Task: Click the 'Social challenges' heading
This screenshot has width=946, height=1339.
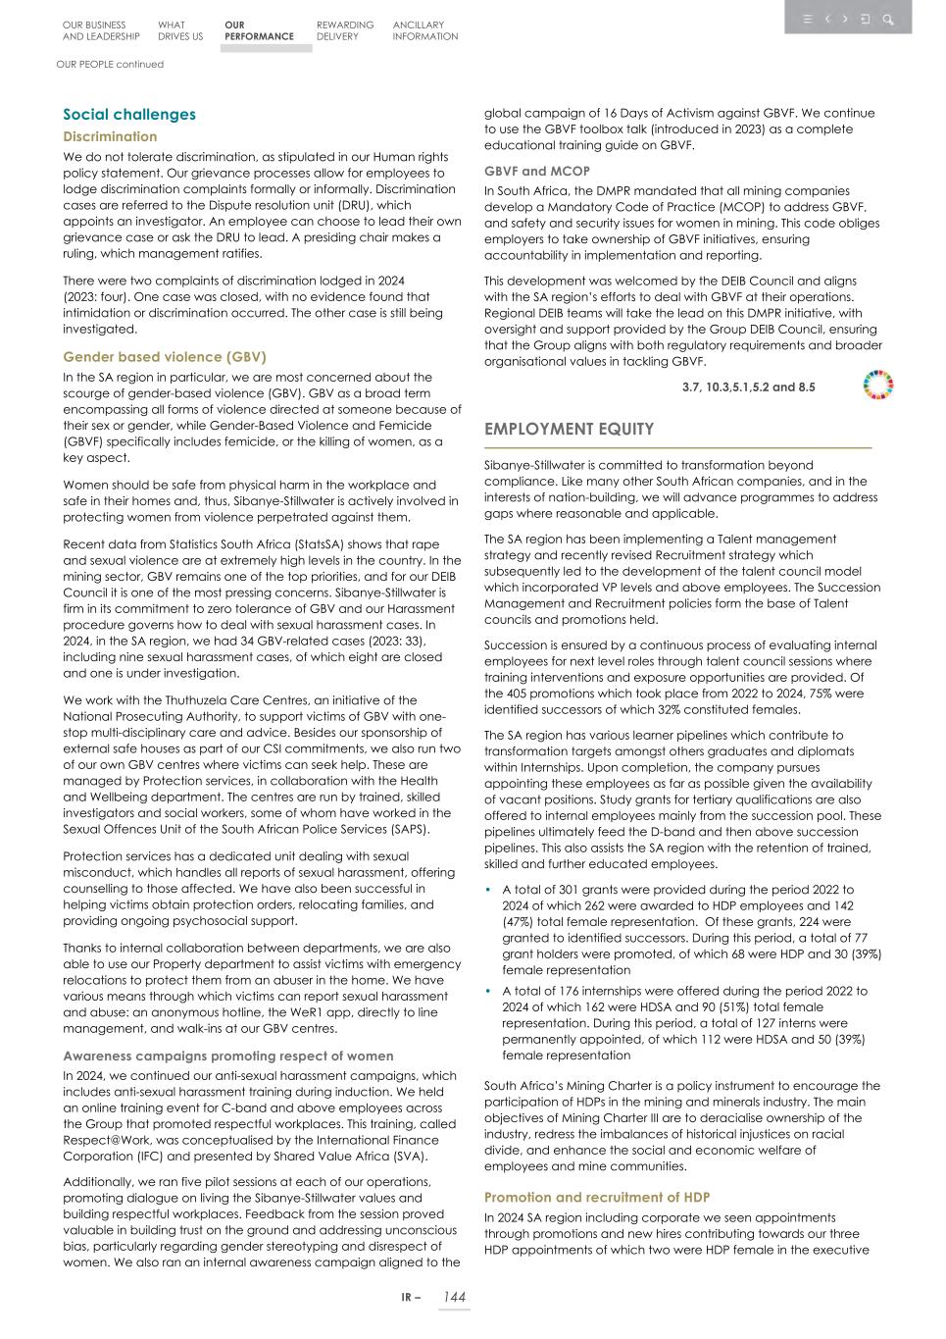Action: pyautogui.click(x=129, y=115)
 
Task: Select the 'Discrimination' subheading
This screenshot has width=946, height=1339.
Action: pyautogui.click(x=110, y=137)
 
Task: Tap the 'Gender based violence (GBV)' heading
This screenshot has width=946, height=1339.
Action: pyautogui.click(x=165, y=357)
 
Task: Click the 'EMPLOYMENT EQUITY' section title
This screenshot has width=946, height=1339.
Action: pyautogui.click(x=569, y=430)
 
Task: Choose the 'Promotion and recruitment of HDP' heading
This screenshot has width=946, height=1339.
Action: pyautogui.click(x=597, y=1198)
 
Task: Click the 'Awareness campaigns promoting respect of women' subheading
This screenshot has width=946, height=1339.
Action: pyautogui.click(x=228, y=1056)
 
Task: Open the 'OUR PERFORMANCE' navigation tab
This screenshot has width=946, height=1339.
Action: pyautogui.click(x=259, y=30)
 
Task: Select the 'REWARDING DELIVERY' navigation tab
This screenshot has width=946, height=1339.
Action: pyautogui.click(x=345, y=30)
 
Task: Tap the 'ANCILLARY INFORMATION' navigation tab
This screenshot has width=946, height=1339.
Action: pyautogui.click(x=425, y=30)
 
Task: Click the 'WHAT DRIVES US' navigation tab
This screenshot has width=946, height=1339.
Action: pyautogui.click(x=180, y=30)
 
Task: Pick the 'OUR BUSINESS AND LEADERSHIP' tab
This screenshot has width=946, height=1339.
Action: pyautogui.click(x=101, y=30)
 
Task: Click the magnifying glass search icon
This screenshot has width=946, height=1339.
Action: pyautogui.click(x=888, y=19)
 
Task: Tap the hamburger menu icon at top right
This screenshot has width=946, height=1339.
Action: pyautogui.click(x=808, y=19)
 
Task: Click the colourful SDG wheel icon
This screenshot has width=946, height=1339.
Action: pyautogui.click(x=878, y=386)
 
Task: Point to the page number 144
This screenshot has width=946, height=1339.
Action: pyautogui.click(x=454, y=1297)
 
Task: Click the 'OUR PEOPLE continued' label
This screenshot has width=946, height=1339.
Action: pyautogui.click(x=110, y=65)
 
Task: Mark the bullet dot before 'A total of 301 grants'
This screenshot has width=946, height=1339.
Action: pyautogui.click(x=489, y=890)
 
